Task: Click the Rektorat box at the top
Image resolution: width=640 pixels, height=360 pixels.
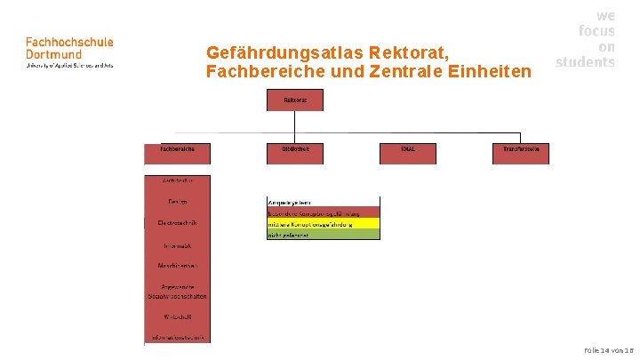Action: pyautogui.click(x=295, y=100)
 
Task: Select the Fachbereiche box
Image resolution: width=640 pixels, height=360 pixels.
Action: pyautogui.click(x=178, y=153)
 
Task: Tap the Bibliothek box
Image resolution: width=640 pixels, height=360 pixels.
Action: pyautogui.click(x=295, y=153)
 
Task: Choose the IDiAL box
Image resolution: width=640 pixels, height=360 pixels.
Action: pyautogui.click(x=408, y=153)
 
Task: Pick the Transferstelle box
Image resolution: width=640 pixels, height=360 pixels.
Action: pyautogui.click(x=521, y=153)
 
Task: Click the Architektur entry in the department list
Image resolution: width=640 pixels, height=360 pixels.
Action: pyautogui.click(x=178, y=180)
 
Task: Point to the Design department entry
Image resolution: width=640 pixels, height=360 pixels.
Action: pyautogui.click(x=178, y=202)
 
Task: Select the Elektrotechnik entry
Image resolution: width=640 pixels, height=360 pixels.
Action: pyautogui.click(x=178, y=222)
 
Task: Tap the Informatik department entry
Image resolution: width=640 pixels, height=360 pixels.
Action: pyautogui.click(x=178, y=244)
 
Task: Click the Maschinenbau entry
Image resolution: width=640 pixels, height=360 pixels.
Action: pyautogui.click(x=178, y=266)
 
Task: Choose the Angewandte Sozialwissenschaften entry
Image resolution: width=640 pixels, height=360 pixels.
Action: pyautogui.click(x=178, y=291)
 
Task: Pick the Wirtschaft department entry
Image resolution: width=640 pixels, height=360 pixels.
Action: pyautogui.click(x=178, y=316)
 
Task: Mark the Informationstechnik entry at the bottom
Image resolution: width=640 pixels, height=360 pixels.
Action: pyautogui.click(x=178, y=337)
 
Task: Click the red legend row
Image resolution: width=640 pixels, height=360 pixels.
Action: pyautogui.click(x=324, y=213)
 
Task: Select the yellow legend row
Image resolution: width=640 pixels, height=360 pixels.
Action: pyautogui.click(x=324, y=224)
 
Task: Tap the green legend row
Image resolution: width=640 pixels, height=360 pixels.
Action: pyautogui.click(x=324, y=235)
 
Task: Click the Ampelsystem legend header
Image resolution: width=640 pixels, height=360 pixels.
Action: pyautogui.click(x=324, y=203)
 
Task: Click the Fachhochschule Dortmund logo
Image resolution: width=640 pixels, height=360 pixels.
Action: pyautogui.click(x=69, y=52)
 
